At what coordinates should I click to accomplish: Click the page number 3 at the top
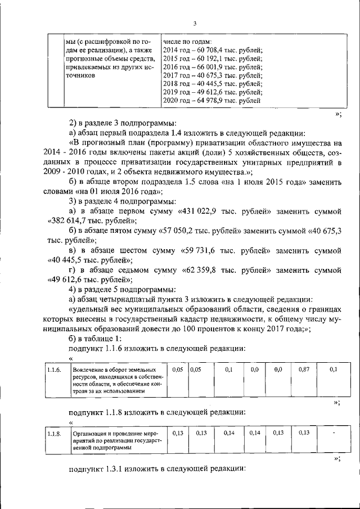[194, 23]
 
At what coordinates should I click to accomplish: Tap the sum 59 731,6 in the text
[200, 250]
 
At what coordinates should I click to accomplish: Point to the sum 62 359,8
[201, 270]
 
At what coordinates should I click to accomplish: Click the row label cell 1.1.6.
[54, 370]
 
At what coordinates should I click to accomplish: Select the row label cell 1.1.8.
[54, 434]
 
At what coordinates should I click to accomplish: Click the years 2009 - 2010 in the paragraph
[64, 172]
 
